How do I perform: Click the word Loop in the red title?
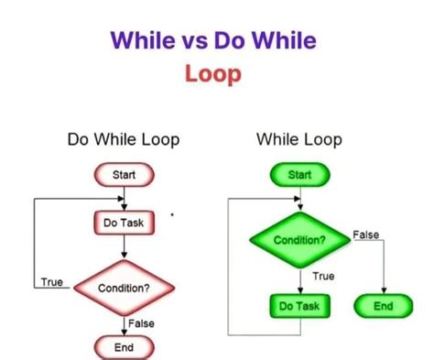point(213,72)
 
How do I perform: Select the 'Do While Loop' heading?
point(124,140)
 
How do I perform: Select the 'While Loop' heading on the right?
point(299,140)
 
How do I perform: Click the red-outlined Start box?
point(124,174)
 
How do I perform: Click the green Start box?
point(299,174)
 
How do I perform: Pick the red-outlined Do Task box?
point(124,222)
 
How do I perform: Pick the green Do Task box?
point(299,306)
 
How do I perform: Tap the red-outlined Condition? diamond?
point(124,288)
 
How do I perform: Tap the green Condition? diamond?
point(299,240)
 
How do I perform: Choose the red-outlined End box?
point(124,347)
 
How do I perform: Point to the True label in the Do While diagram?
point(51,282)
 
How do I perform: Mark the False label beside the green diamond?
point(365,235)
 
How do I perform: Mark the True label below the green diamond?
point(322,275)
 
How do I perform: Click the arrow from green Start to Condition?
point(299,199)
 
